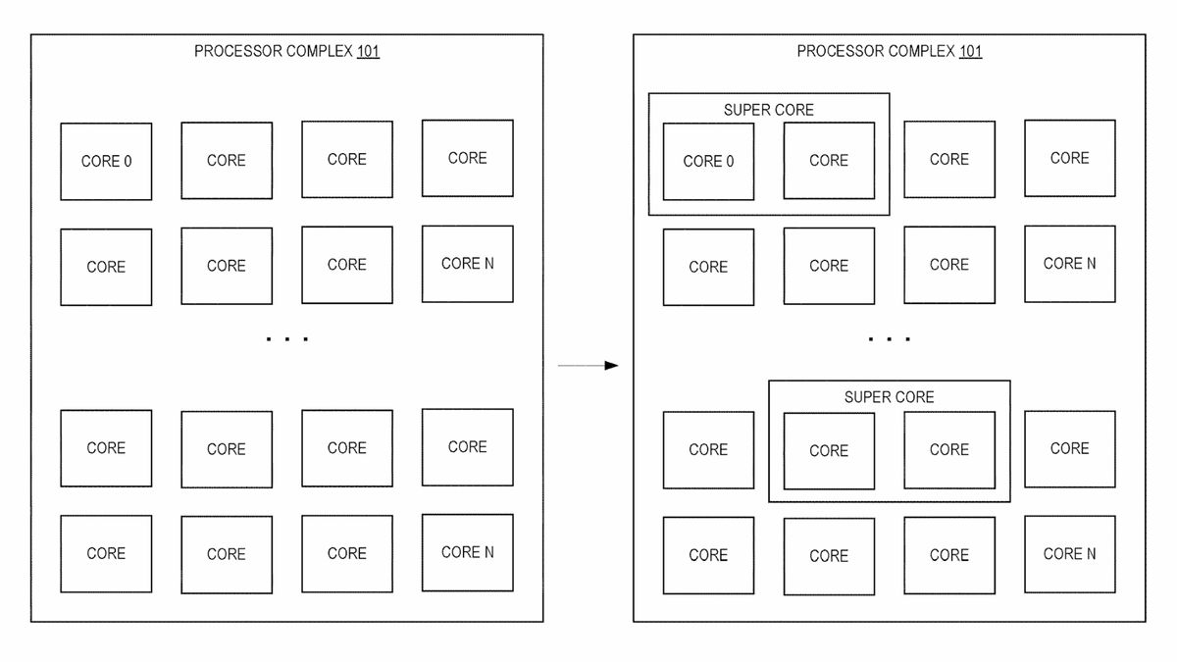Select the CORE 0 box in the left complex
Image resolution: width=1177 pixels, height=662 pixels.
[x=106, y=162]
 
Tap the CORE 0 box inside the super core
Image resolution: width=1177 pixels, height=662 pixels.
[x=708, y=162]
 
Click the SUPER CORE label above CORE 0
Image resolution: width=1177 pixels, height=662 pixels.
[x=769, y=110]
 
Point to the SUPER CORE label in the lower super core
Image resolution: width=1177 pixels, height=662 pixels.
[x=889, y=397]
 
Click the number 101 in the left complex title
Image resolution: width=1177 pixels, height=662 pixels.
[x=368, y=51]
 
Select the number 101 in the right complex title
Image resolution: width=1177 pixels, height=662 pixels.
[x=970, y=51]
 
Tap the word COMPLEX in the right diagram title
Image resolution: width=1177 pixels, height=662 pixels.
[x=921, y=51]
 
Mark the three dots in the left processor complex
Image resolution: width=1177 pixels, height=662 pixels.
[x=287, y=339]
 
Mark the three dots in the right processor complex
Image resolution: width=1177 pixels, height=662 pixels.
[x=890, y=339]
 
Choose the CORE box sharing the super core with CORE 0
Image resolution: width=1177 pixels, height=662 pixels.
[x=829, y=161]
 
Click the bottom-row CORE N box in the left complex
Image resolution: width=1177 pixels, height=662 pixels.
[x=467, y=552]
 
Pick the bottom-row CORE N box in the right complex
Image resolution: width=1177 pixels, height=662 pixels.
[x=1069, y=554]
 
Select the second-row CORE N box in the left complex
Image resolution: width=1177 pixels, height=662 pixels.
[x=467, y=264]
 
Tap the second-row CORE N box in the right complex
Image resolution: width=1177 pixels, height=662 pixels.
[x=1069, y=264]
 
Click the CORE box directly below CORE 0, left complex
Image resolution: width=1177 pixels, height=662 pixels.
[x=106, y=267]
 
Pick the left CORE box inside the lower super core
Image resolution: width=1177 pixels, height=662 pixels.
[x=829, y=450]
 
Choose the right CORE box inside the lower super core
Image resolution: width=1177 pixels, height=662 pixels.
[x=948, y=450]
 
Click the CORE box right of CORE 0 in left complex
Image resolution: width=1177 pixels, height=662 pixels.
[x=227, y=161]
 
